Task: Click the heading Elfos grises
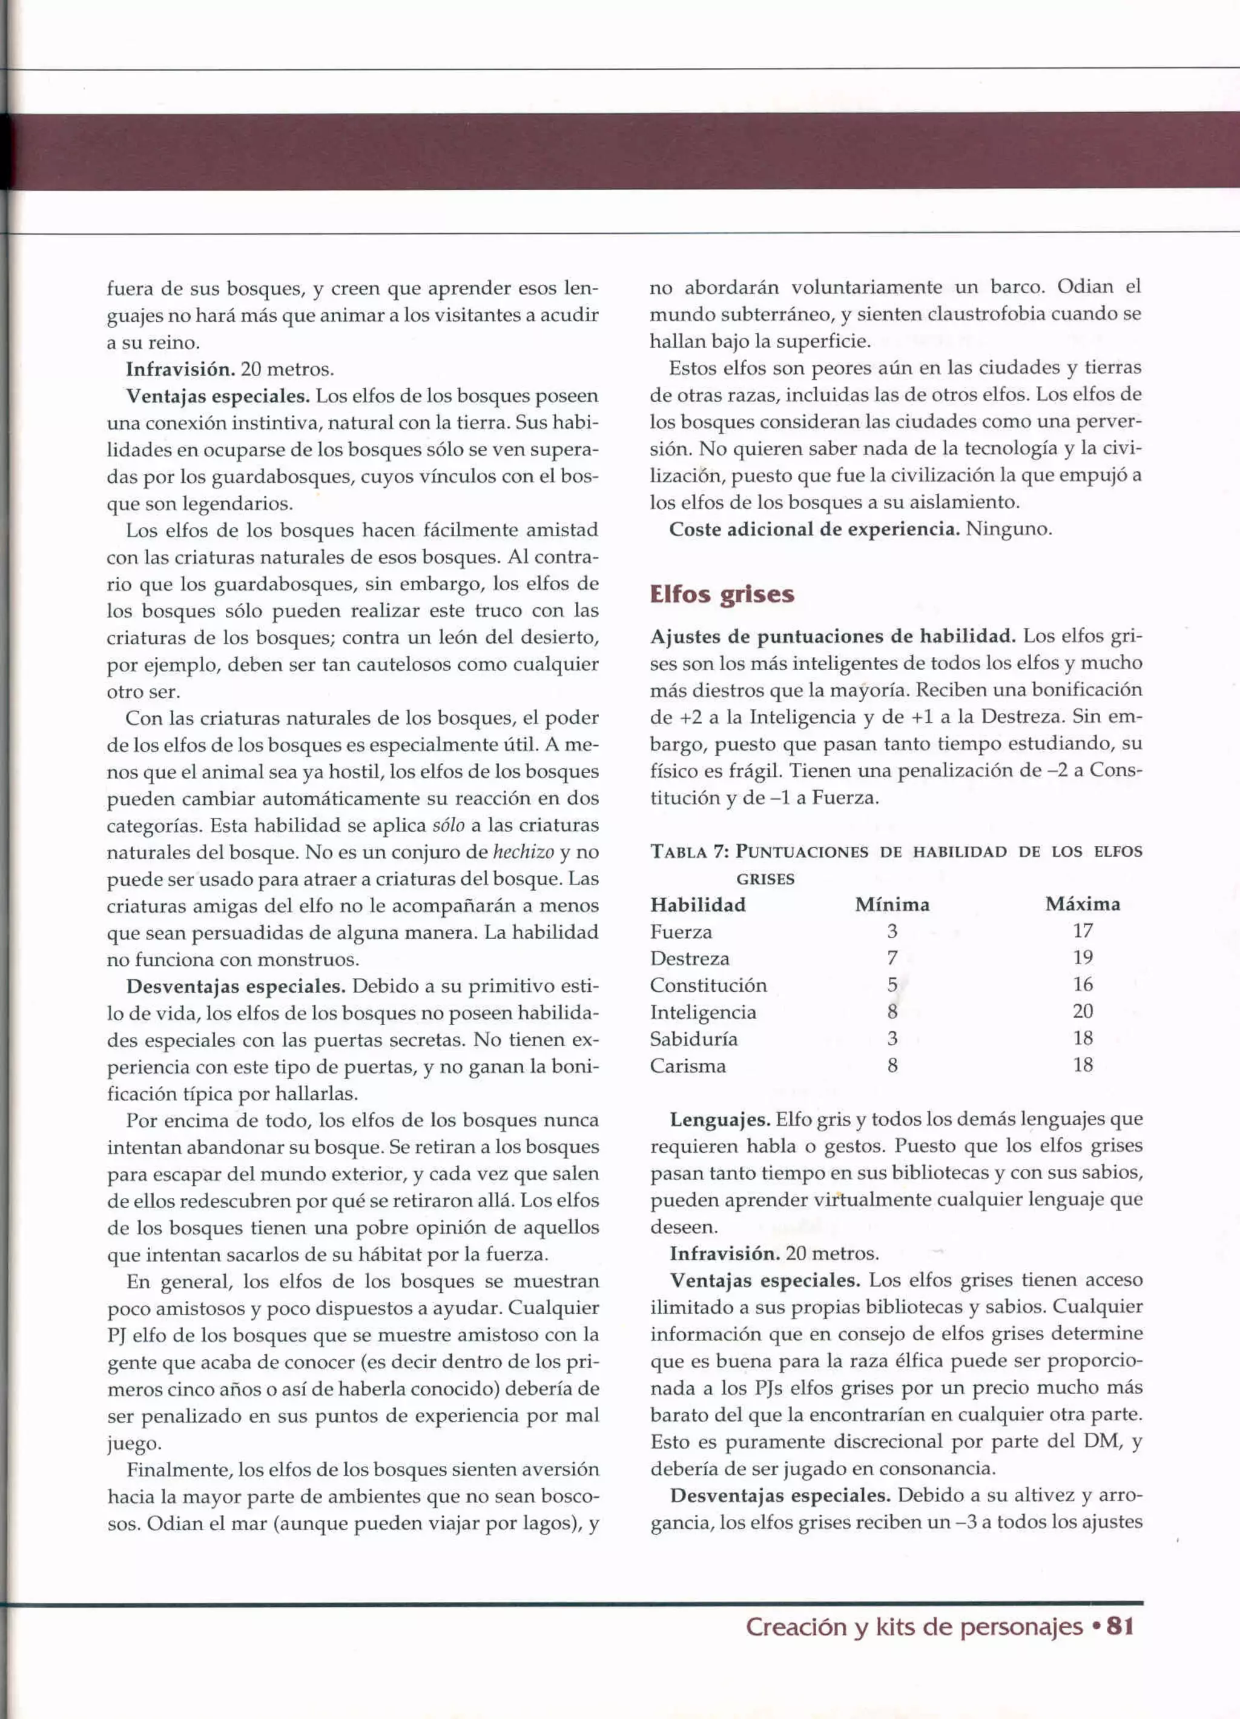721,595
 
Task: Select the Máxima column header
1082,904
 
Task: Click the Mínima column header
892,904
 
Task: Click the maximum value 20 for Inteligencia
1083,1011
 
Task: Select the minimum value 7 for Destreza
892,958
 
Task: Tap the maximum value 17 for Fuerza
1083,931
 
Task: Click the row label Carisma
687,1066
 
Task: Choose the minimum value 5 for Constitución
892,985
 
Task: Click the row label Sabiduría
693,1039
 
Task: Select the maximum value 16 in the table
1083,985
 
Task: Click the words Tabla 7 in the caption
688,851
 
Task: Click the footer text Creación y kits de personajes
914,1626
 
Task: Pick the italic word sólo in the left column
447,825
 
